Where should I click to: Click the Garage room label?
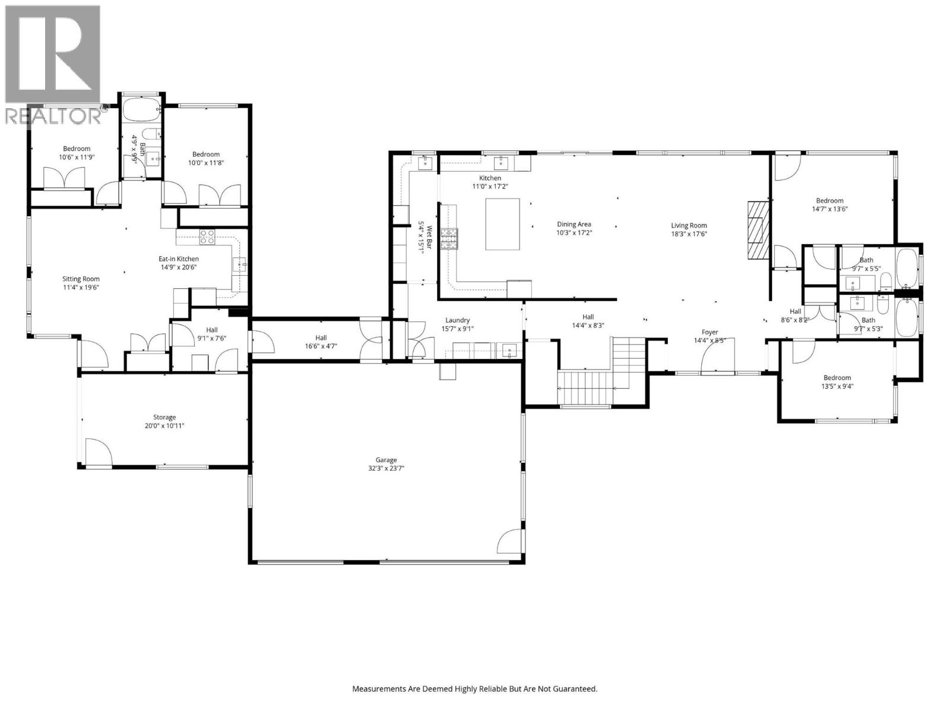coord(386,460)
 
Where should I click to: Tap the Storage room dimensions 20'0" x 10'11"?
coord(164,425)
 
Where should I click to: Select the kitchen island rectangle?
coord(502,224)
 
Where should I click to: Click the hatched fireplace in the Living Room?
coord(758,231)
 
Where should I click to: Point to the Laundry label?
coord(457,320)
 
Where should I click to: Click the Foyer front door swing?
coord(715,359)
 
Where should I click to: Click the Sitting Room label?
coord(81,279)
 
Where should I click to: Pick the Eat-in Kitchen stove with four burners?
coord(207,236)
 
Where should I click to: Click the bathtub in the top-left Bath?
coord(141,110)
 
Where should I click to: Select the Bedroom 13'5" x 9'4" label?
coord(837,378)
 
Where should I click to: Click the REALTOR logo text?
coord(53,116)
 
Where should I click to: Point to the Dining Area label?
coord(574,225)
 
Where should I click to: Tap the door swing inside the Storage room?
coord(98,453)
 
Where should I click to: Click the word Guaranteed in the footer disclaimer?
coord(574,689)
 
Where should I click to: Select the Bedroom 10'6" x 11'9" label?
coord(77,149)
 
